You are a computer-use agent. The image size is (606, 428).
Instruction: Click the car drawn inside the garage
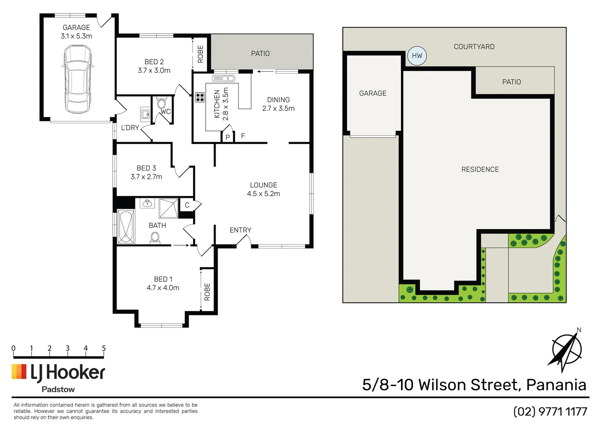click(78, 79)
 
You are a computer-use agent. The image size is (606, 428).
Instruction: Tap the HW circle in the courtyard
click(417, 56)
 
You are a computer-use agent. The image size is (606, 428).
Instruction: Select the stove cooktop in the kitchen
click(200, 97)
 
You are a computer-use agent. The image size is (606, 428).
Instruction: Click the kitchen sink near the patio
click(224, 78)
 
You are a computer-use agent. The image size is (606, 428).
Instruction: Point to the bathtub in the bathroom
click(126, 227)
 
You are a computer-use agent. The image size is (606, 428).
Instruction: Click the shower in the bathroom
click(168, 208)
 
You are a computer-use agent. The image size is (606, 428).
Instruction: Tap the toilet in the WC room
click(161, 104)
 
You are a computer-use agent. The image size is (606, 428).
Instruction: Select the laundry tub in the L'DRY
click(145, 114)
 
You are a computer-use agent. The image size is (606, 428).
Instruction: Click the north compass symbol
click(566, 351)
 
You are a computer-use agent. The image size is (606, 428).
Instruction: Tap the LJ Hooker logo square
click(19, 372)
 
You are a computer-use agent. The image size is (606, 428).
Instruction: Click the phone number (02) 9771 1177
click(550, 412)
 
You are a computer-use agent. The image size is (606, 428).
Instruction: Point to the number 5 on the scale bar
click(104, 348)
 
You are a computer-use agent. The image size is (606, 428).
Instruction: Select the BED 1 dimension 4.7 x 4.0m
click(163, 288)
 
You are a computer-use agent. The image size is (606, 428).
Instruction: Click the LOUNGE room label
click(264, 185)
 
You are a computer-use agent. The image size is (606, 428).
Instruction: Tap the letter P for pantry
click(227, 137)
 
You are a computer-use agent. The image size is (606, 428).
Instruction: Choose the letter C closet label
click(187, 205)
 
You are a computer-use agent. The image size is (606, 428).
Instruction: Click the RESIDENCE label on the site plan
click(480, 170)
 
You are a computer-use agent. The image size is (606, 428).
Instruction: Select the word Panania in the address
click(556, 385)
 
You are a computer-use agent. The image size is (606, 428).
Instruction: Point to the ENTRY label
click(241, 230)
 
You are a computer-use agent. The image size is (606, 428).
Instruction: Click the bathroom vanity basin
click(147, 204)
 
